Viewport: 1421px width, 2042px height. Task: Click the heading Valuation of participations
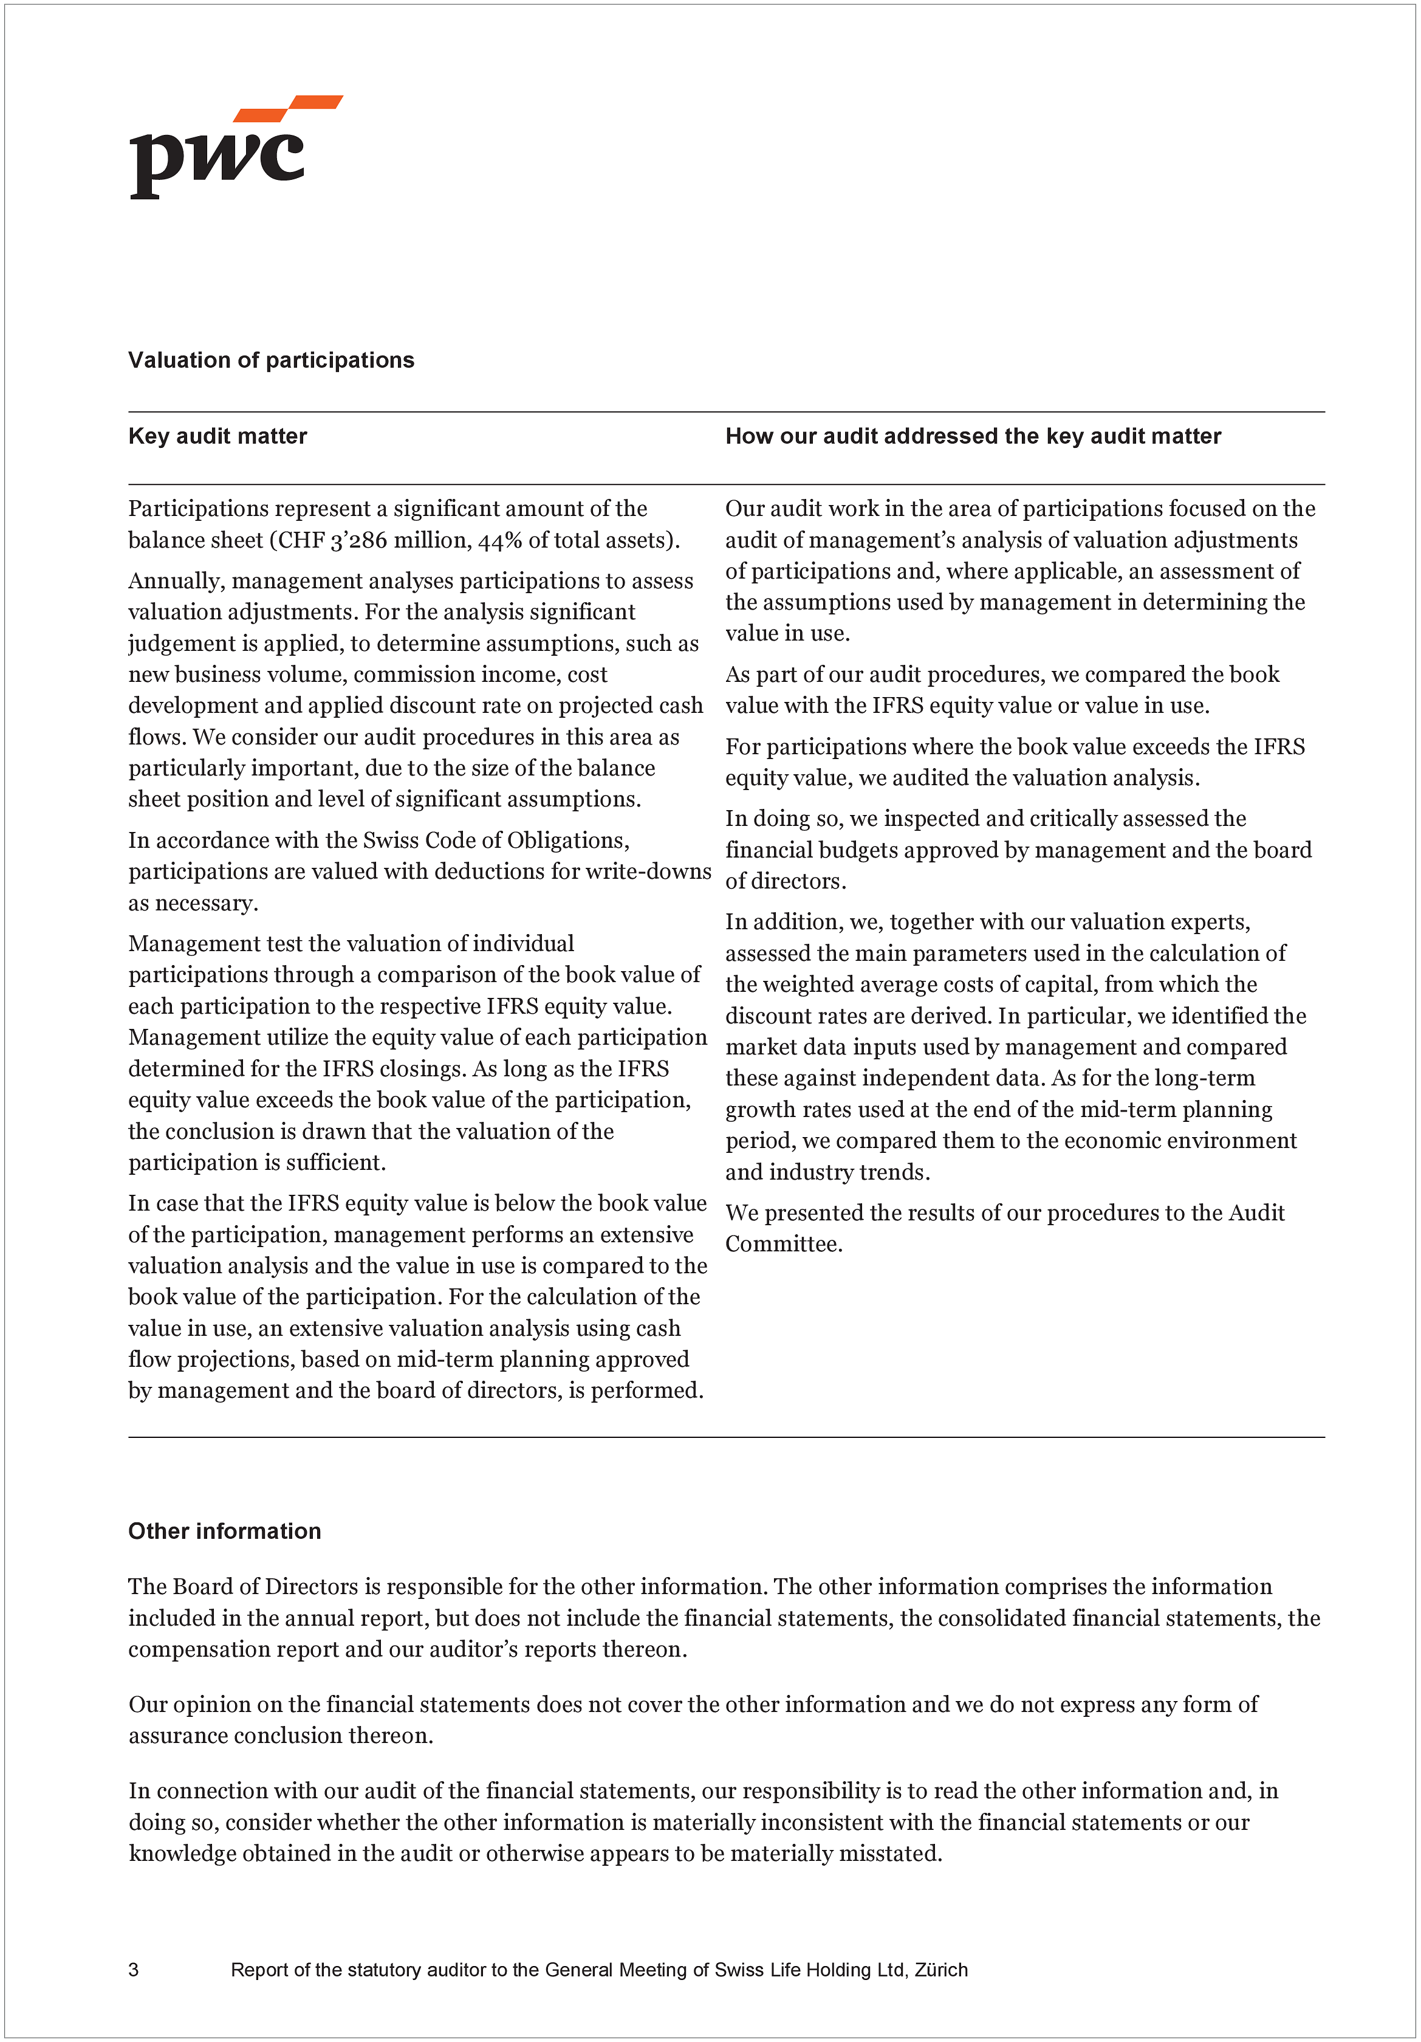pos(271,360)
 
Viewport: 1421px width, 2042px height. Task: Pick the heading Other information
pos(225,1531)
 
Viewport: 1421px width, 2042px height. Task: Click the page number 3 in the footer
pos(134,1970)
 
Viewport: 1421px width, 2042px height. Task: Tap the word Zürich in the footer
pos(941,1970)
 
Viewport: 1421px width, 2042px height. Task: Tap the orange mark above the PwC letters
pos(289,108)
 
